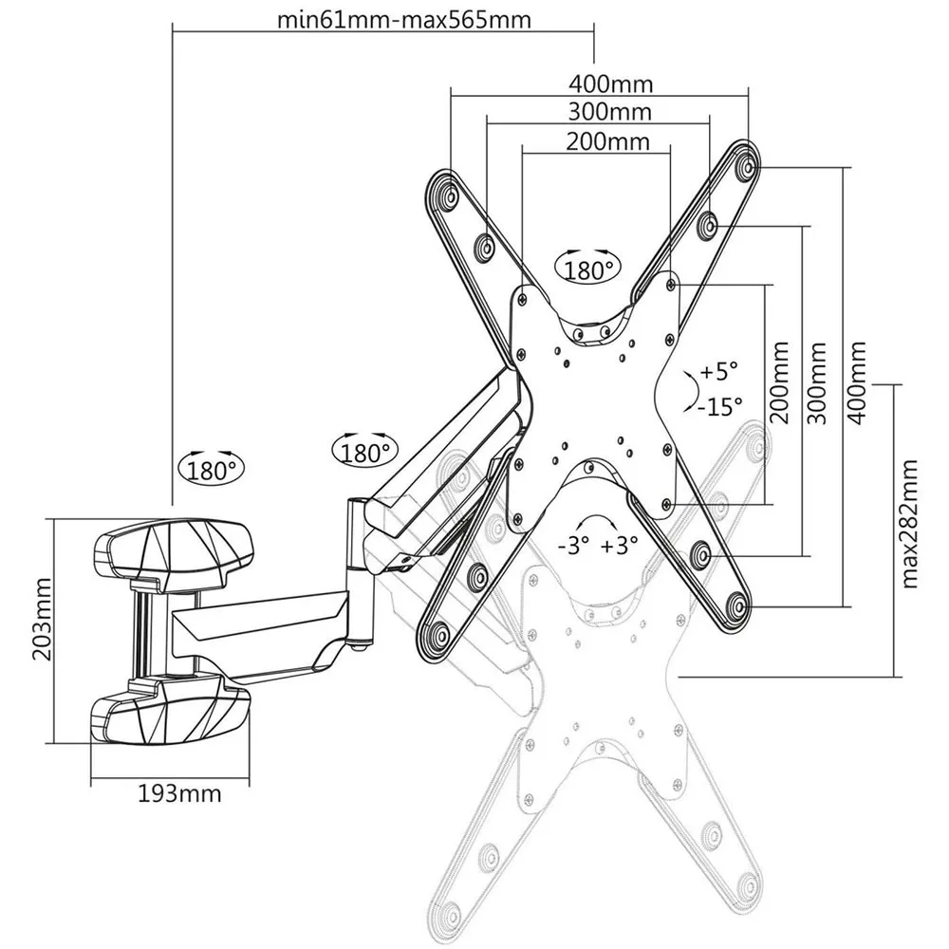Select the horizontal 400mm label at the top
[611, 84]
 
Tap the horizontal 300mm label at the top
[610, 112]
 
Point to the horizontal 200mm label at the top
[608, 142]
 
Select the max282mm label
[912, 523]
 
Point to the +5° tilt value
[717, 371]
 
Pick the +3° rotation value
[619, 546]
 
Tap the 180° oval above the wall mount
[209, 469]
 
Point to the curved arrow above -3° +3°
[596, 521]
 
